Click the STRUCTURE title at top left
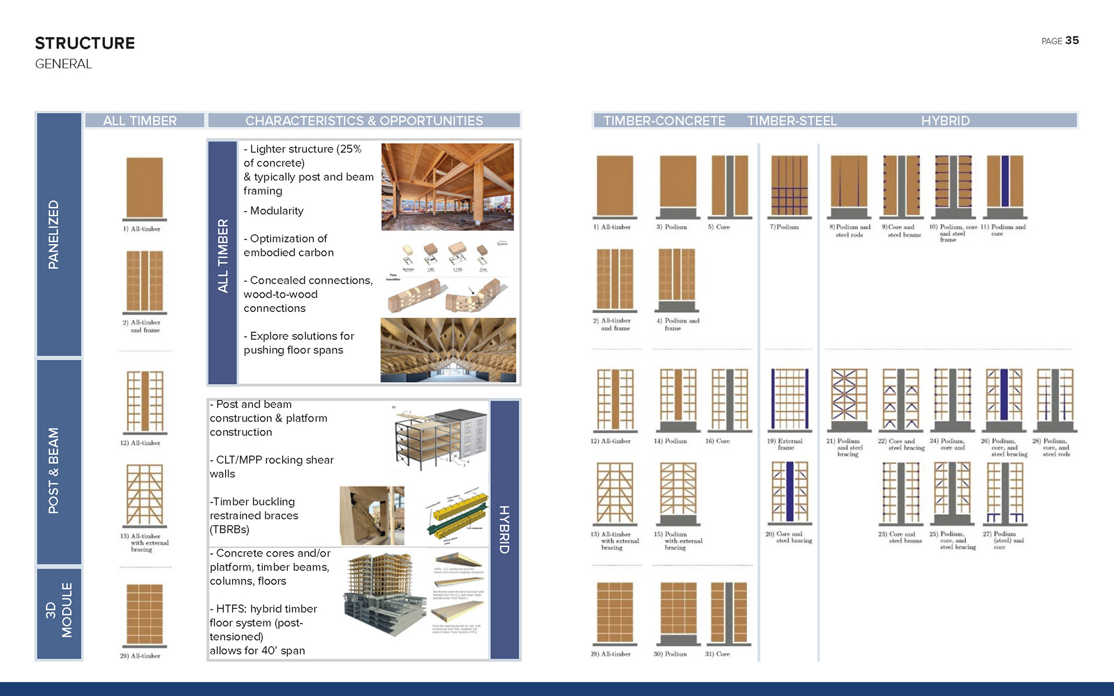coord(85,43)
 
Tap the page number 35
coord(1072,40)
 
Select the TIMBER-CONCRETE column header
coord(664,121)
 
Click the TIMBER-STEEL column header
coord(792,121)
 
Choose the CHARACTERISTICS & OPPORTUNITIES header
coord(364,121)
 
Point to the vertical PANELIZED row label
coord(53,234)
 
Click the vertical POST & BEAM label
coord(53,470)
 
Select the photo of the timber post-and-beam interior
coord(447,187)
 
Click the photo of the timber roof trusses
coord(448,350)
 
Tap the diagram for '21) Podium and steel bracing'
coord(849,400)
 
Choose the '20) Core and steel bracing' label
coord(789,537)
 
